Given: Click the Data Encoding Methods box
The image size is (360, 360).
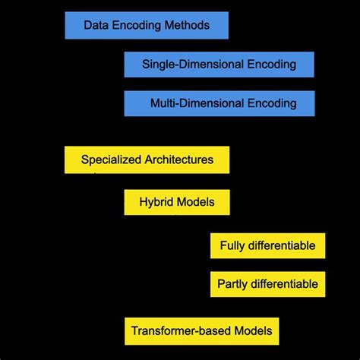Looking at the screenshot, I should point(147,25).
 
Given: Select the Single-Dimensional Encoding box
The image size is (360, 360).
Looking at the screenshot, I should point(219,65).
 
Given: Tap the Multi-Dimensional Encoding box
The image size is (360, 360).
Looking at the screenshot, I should point(219,103).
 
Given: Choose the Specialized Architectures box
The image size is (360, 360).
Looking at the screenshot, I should point(147,159).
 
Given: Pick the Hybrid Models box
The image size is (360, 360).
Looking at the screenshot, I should point(176,203).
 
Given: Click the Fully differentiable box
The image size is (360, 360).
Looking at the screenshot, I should point(267,245).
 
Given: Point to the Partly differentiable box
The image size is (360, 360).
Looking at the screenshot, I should point(267,285).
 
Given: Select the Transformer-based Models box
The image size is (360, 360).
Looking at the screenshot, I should point(201,331).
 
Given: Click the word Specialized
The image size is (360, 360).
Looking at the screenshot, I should point(107,160).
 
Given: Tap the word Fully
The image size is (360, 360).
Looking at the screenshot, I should point(232,246).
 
